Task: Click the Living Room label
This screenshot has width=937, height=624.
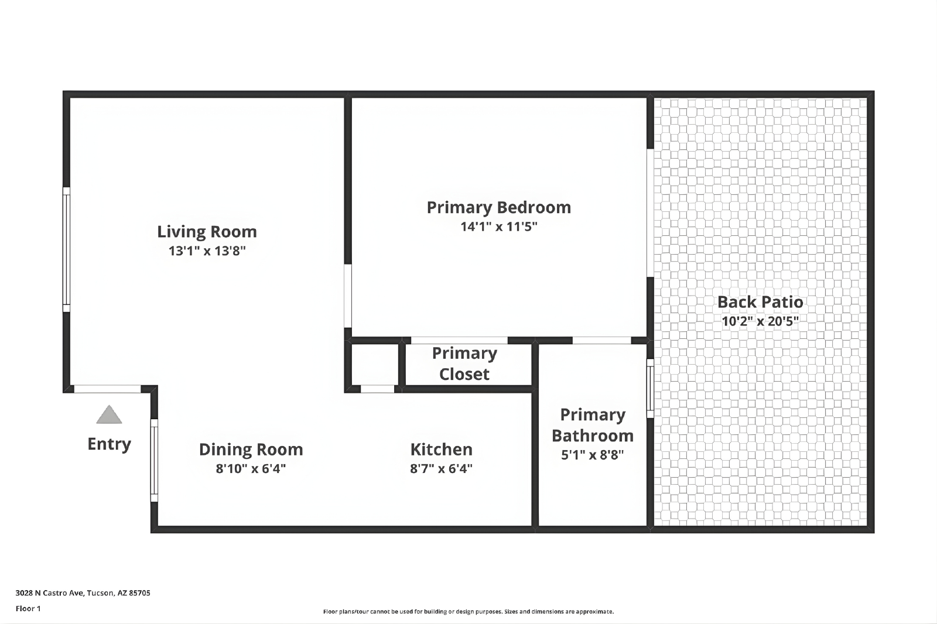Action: pyautogui.click(x=207, y=232)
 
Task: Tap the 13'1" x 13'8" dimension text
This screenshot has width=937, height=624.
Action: pyautogui.click(x=207, y=251)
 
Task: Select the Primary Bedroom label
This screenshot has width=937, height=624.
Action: pyautogui.click(x=498, y=207)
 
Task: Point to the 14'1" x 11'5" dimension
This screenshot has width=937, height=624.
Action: pyautogui.click(x=498, y=227)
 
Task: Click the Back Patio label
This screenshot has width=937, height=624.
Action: pyautogui.click(x=760, y=302)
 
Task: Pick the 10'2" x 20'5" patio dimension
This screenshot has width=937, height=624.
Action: pyautogui.click(x=760, y=321)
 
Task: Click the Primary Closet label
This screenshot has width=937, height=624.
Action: pyautogui.click(x=464, y=364)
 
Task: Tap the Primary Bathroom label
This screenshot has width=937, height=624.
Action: pyautogui.click(x=592, y=425)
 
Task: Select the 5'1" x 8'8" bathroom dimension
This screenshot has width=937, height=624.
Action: pyautogui.click(x=592, y=455)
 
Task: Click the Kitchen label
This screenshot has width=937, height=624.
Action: pyautogui.click(x=442, y=450)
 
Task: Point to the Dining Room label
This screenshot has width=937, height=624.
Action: pyautogui.click(x=251, y=450)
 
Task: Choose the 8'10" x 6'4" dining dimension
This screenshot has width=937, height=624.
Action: pyautogui.click(x=251, y=468)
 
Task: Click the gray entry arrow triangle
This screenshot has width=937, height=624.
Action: pyautogui.click(x=109, y=414)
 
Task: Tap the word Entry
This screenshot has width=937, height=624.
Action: pyautogui.click(x=109, y=444)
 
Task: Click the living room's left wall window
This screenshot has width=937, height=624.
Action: pyautogui.click(x=67, y=250)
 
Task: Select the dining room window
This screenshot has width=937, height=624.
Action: pyautogui.click(x=155, y=461)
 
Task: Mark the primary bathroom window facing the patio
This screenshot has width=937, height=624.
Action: pyautogui.click(x=651, y=389)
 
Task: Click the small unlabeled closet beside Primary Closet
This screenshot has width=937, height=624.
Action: pyautogui.click(x=375, y=364)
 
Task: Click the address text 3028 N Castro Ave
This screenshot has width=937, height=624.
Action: pyautogui.click(x=50, y=592)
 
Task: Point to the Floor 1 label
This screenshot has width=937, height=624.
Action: pyautogui.click(x=28, y=609)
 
